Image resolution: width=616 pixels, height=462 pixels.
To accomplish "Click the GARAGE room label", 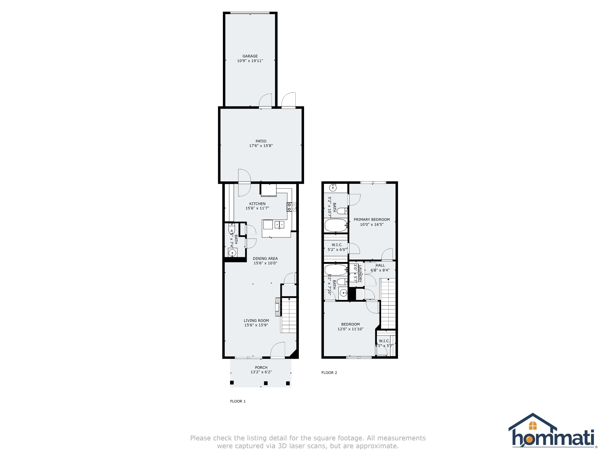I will point(250,56).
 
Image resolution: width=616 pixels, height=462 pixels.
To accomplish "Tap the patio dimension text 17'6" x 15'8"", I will point(261,146).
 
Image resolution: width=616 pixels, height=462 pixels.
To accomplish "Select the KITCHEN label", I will point(257,204).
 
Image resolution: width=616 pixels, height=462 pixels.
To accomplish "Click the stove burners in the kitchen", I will point(291,207).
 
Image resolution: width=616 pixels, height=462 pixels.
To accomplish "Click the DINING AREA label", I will point(265,259).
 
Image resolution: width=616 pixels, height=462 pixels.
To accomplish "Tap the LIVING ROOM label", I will point(256,321).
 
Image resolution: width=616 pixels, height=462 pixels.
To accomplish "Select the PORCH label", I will point(261,368).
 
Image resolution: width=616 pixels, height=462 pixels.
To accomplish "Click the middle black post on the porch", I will point(266,383).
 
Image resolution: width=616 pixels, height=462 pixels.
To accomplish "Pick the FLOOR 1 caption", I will point(238,401).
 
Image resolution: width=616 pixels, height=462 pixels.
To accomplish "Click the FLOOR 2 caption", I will point(329,373).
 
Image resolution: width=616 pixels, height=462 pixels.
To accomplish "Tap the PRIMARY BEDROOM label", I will point(371,220).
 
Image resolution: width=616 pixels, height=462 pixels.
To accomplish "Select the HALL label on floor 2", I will point(380,265).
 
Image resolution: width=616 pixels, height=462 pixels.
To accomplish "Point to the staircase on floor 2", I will point(388,304).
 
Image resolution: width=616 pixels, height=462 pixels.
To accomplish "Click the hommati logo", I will point(553,431).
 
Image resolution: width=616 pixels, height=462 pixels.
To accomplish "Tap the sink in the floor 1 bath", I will point(232,253).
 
